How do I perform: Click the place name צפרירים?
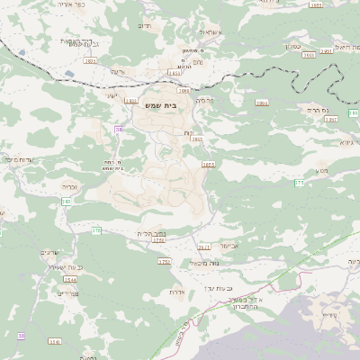pyautogui.click(x=68, y=292)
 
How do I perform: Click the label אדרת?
pyautogui.click(x=176, y=292)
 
